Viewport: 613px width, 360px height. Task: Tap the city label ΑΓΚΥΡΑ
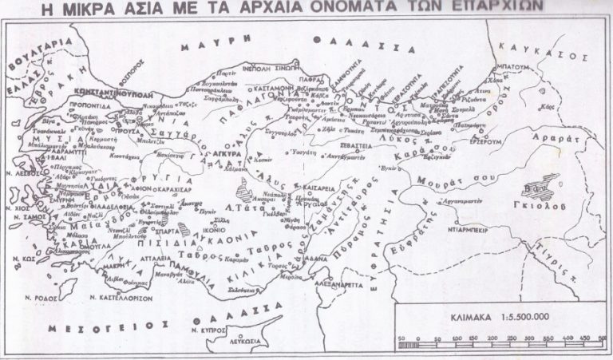(205, 149)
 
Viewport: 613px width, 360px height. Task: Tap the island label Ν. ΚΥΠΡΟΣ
(267, 328)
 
